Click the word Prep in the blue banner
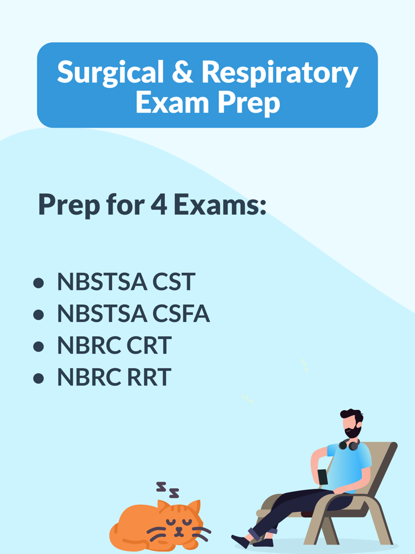pos(248,103)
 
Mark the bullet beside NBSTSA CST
pos(39,283)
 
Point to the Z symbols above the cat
pos(167,489)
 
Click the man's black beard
pos(352,432)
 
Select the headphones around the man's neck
pos(350,444)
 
